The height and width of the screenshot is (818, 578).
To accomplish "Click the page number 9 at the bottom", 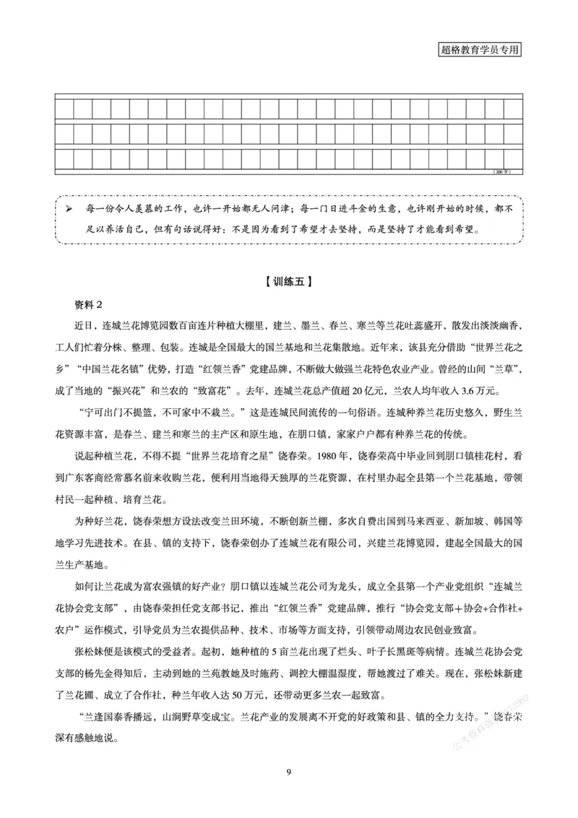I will pyautogui.click(x=289, y=773).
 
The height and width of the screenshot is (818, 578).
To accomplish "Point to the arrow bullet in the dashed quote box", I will pyautogui.click(x=69, y=209).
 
